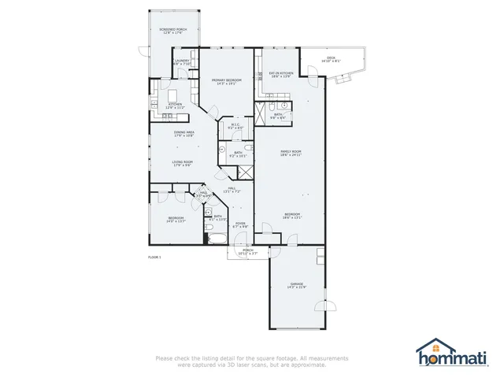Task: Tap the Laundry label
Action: [x=182, y=60]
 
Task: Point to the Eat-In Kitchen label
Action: [x=281, y=73]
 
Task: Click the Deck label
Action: [x=332, y=57]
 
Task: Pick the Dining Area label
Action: [x=184, y=132]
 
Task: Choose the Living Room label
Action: [x=183, y=161]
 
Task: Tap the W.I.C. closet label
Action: [x=234, y=124]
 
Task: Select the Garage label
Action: [x=297, y=283]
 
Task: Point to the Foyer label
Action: [x=239, y=223]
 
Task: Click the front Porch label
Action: [x=248, y=250]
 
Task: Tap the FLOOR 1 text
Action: [x=154, y=258]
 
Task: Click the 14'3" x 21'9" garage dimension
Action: [x=297, y=287]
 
